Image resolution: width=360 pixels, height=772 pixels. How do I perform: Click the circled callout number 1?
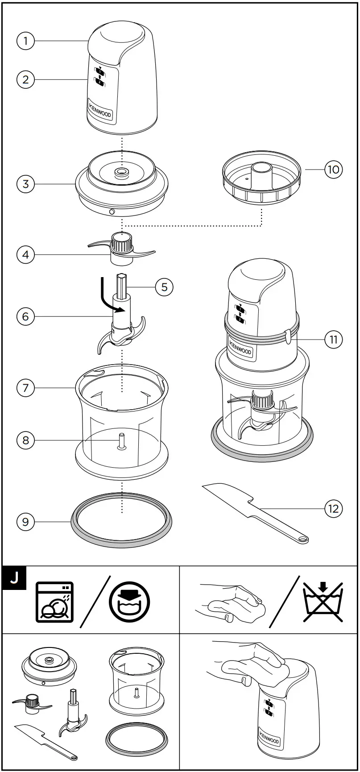point(25,42)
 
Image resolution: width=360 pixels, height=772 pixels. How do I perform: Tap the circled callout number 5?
point(164,287)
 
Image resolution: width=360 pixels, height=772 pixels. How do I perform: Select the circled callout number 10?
point(334,170)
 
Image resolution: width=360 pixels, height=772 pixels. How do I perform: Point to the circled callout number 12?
point(334,508)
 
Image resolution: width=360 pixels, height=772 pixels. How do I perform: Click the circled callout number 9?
point(25,522)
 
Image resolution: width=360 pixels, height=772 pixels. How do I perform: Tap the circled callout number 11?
point(334,339)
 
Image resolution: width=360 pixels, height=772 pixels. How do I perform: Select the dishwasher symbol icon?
point(54,602)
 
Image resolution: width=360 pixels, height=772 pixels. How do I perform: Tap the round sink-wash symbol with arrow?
point(129,602)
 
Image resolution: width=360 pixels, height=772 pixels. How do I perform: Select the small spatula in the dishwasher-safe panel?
point(45,741)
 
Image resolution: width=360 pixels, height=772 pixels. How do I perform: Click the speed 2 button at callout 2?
point(100,82)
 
